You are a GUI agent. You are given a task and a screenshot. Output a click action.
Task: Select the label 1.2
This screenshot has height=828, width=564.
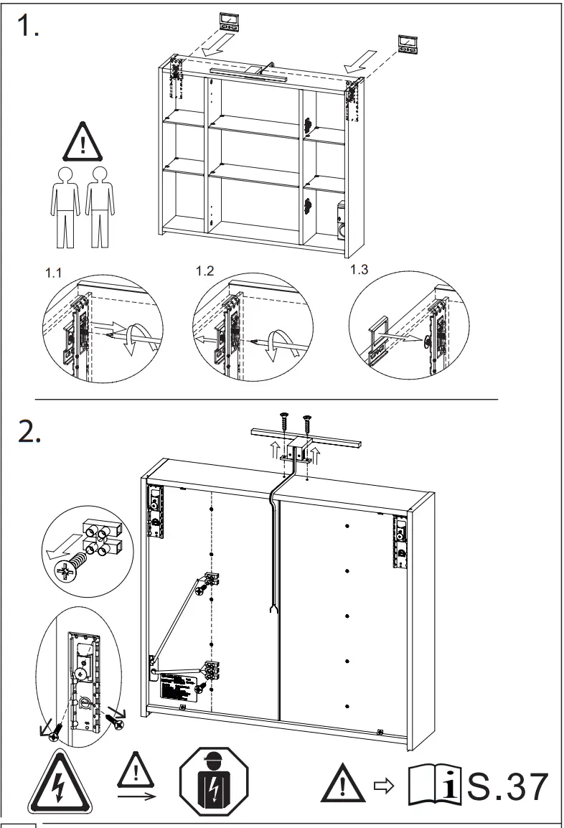[x=205, y=271]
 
